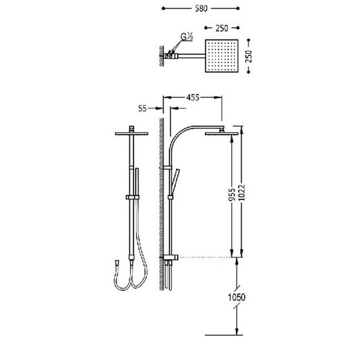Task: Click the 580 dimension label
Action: tap(201, 8)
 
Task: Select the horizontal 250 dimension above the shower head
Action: tap(222, 28)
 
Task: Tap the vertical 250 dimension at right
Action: tap(249, 56)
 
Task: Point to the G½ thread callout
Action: tap(186, 37)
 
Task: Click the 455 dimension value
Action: tap(192, 98)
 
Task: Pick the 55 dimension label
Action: tap(143, 109)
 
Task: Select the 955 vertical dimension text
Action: tap(233, 195)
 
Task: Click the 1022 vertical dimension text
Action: tap(242, 192)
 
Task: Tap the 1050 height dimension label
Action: tap(237, 297)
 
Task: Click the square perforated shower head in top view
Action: tap(222, 56)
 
